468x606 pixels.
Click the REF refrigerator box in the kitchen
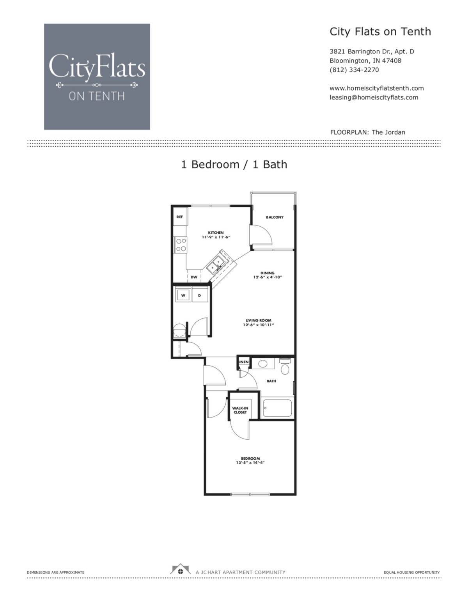click(179, 217)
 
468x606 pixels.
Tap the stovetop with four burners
click(181, 245)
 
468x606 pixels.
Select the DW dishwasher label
click(194, 277)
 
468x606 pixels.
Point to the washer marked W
click(183, 295)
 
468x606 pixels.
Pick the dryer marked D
click(199, 295)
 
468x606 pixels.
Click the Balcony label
click(275, 217)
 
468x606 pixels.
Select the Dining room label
click(268, 273)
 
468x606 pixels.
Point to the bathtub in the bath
click(277, 408)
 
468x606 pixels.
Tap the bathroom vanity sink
click(262, 364)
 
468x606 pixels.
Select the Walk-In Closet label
click(240, 410)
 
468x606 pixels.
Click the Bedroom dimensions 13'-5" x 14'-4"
click(250, 463)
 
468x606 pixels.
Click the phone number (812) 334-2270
click(354, 70)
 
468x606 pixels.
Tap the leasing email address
click(374, 98)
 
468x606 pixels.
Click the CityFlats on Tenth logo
click(97, 76)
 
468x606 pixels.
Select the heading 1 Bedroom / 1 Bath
click(234, 164)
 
